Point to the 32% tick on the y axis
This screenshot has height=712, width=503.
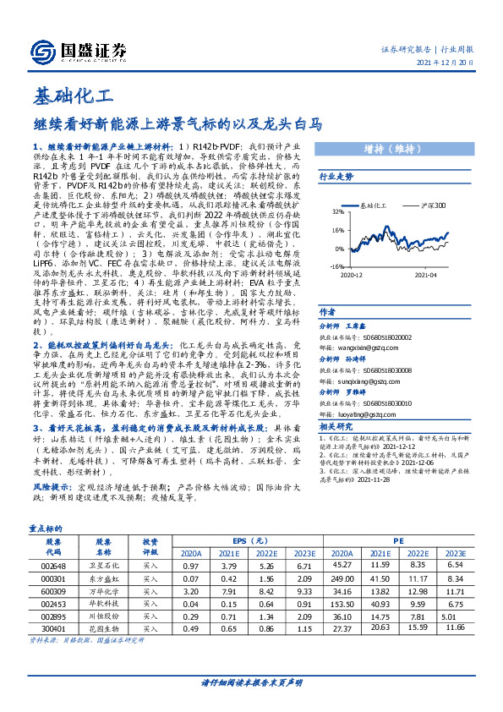coord(338,211)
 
